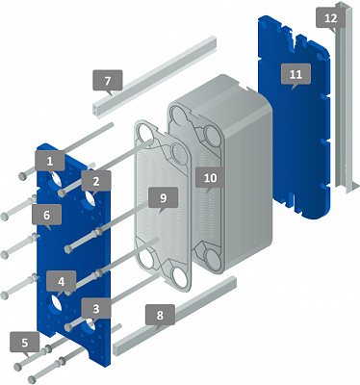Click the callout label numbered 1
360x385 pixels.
pyautogui.click(x=50, y=162)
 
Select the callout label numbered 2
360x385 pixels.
pyautogui.click(x=96, y=182)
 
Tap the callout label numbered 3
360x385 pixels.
pyautogui.click(x=96, y=309)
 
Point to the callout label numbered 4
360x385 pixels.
pyautogui.click(x=61, y=282)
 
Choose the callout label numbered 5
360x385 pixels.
pyautogui.click(x=25, y=343)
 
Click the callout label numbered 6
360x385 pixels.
pyautogui.click(x=47, y=216)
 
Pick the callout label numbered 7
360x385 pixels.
pyautogui.click(x=108, y=81)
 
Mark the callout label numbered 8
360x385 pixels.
pyautogui.click(x=160, y=316)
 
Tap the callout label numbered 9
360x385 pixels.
pyautogui.click(x=163, y=198)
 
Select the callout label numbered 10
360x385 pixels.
pyautogui.click(x=210, y=178)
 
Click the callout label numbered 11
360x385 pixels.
pyautogui.click(x=296, y=75)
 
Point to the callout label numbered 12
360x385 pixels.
pyautogui.click(x=331, y=18)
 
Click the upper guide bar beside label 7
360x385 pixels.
pyautogui.click(x=155, y=76)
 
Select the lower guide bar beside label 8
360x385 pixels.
pyautogui.click(x=175, y=316)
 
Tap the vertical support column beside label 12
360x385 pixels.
pyautogui.click(x=345, y=96)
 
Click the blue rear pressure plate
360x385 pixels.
pyautogui.click(x=295, y=118)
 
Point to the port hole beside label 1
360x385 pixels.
pyautogui.click(x=56, y=179)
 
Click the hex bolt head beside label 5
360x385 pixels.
pyautogui.click(x=18, y=367)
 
